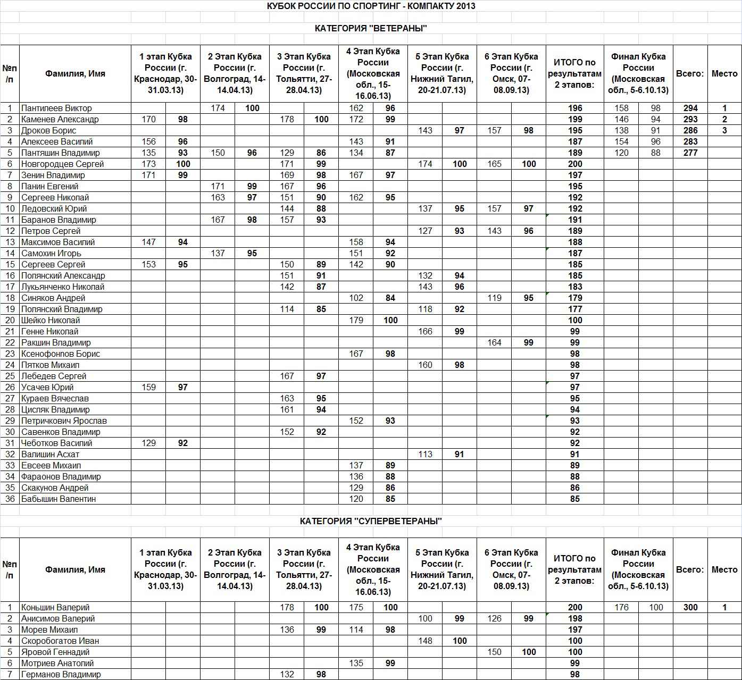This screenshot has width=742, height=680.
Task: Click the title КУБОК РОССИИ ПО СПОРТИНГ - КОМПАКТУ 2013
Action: coord(371,6)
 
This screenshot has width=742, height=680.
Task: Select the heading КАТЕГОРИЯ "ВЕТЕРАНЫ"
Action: coord(371,28)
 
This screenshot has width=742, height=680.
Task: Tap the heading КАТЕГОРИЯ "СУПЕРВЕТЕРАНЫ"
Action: coord(371,521)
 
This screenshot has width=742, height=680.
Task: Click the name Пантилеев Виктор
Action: coord(56,108)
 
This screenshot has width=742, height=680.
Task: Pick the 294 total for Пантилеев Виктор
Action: coord(690,108)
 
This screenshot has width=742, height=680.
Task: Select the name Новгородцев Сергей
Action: coord(62,164)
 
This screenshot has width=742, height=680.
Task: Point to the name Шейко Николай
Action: coord(51,320)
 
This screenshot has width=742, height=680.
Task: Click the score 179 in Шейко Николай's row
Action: coord(356,320)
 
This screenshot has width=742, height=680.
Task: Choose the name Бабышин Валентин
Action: coord(59,499)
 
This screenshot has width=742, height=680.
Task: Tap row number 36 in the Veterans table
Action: coord(10,499)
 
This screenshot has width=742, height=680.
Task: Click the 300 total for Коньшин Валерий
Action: coord(690,607)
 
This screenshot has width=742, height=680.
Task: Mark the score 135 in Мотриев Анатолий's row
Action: coord(356,663)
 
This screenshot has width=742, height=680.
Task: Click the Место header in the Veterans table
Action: coord(724,73)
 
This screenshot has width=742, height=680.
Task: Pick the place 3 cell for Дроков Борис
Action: coord(724,130)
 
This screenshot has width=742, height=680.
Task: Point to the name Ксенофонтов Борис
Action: coord(61,354)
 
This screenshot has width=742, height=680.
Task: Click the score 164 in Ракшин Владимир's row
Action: coord(494,342)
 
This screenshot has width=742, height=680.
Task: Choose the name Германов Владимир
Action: coord(61,674)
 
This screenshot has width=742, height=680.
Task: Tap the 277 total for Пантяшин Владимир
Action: coord(690,153)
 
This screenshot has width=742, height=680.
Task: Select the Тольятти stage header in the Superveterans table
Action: coord(304,569)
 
